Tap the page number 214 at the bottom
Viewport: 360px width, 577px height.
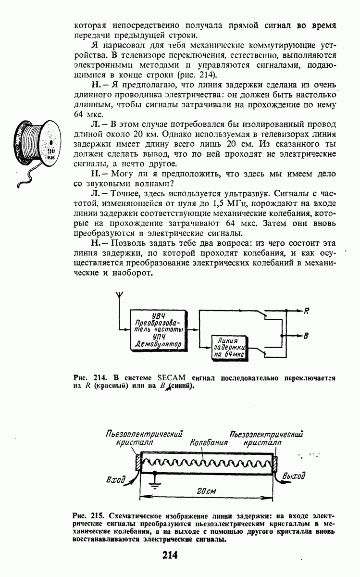click(x=170, y=556)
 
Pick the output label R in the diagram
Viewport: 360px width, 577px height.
click(x=306, y=311)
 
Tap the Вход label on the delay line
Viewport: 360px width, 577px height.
click(x=115, y=479)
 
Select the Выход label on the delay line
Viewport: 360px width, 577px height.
click(x=294, y=477)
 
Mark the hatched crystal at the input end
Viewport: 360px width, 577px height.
click(x=137, y=463)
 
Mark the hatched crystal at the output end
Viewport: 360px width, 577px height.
click(x=275, y=463)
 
